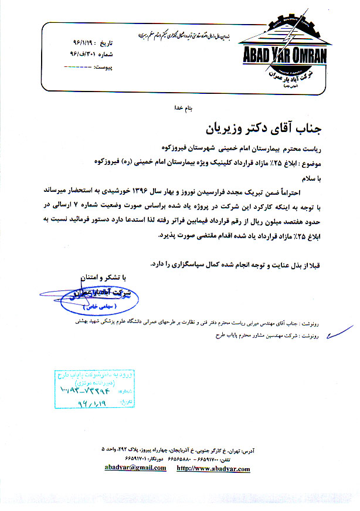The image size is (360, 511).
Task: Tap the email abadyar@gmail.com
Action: tap(135, 468)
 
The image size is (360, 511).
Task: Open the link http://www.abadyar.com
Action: tap(213, 468)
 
